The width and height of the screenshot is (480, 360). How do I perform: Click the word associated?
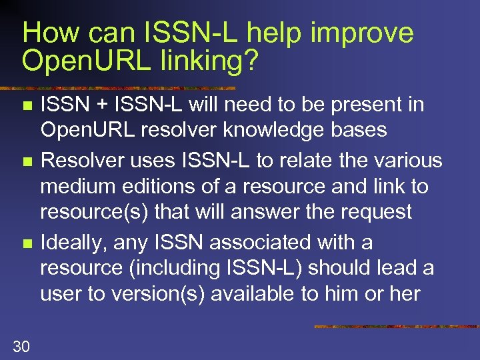267,243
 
